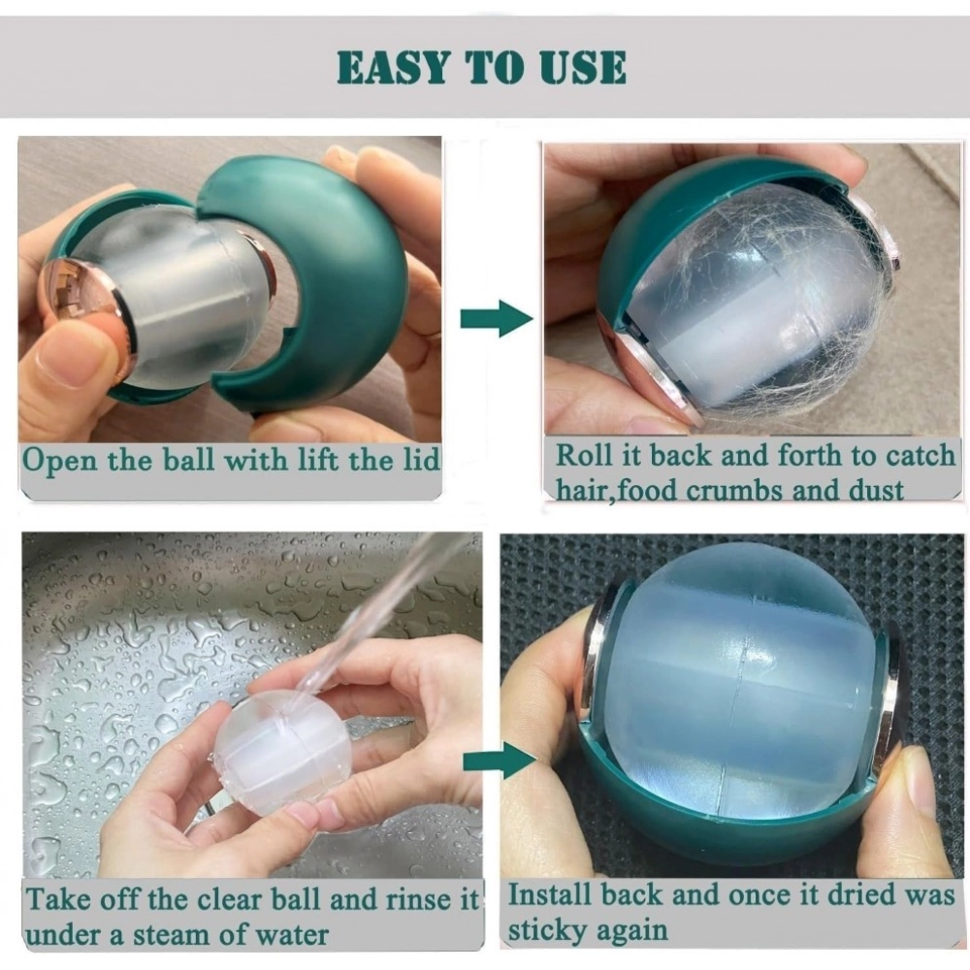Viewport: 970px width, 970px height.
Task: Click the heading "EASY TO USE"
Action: pyautogui.click(x=482, y=67)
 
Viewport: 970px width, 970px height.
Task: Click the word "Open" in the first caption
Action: pyautogui.click(x=59, y=459)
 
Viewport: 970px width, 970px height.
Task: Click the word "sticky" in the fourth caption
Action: pyautogui.click(x=549, y=930)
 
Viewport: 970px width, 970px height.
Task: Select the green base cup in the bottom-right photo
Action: pyautogui.click(x=718, y=834)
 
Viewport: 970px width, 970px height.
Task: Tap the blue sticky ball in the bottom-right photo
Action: pyautogui.click(x=737, y=679)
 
